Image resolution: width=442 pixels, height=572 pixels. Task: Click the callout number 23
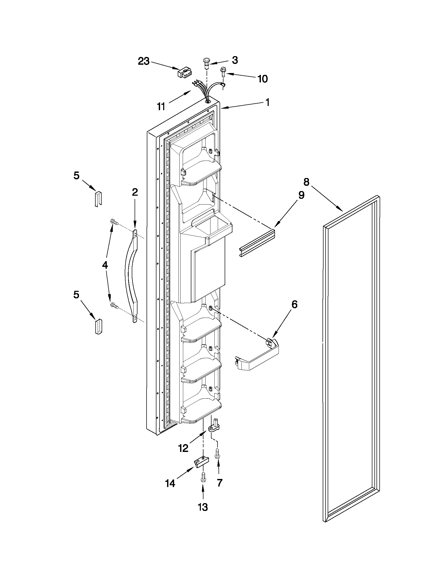pos(144,62)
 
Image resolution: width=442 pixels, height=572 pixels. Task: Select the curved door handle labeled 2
pos(131,276)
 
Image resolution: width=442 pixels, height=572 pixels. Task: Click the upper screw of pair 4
pos(114,222)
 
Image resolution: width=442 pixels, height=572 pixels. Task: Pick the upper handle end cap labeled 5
pos(98,199)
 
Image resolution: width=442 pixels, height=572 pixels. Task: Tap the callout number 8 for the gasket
pos(306,181)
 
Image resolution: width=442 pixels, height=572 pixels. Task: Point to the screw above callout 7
pos(217,453)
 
